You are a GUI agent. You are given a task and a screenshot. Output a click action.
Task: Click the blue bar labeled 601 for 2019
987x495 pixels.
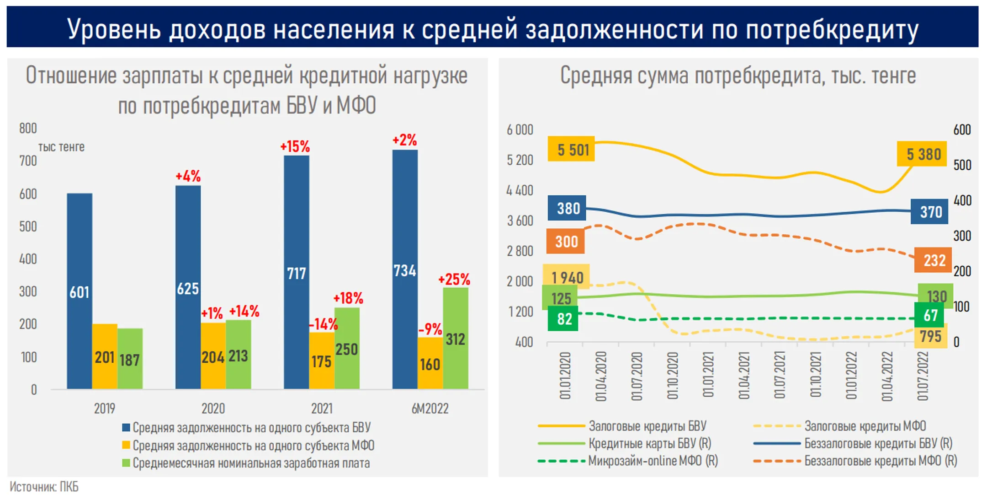pos(80,291)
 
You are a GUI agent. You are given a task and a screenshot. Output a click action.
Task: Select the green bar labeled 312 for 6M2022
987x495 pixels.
pos(455,339)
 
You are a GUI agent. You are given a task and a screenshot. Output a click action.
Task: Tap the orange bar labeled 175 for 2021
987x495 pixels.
pos(321,361)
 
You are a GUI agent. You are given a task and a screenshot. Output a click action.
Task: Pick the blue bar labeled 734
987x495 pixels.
pos(405,270)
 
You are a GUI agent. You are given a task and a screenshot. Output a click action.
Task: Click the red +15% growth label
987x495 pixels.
pos(295,146)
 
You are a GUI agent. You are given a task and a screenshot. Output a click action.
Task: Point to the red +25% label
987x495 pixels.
pos(454,279)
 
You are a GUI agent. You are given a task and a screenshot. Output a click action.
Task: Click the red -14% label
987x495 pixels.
pos(323,324)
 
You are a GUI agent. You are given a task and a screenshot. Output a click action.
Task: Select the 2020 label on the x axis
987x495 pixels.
pos(213,408)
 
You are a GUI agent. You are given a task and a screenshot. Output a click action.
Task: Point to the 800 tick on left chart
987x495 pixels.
pos(28,129)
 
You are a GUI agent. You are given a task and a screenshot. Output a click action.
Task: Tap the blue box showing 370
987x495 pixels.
pos(930,212)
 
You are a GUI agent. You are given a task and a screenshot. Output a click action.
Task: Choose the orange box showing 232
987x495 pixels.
pos(934,260)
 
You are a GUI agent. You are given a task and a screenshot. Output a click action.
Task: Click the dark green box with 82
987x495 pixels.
pos(564,319)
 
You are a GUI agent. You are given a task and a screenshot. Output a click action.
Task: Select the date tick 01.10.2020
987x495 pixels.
pos(673,375)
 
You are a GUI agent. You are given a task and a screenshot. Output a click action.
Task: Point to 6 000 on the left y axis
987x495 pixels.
pos(520,130)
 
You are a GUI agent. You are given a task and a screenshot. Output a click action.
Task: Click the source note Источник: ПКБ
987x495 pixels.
pos(44,486)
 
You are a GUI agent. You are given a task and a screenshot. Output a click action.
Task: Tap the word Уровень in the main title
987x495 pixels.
pos(114,29)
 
